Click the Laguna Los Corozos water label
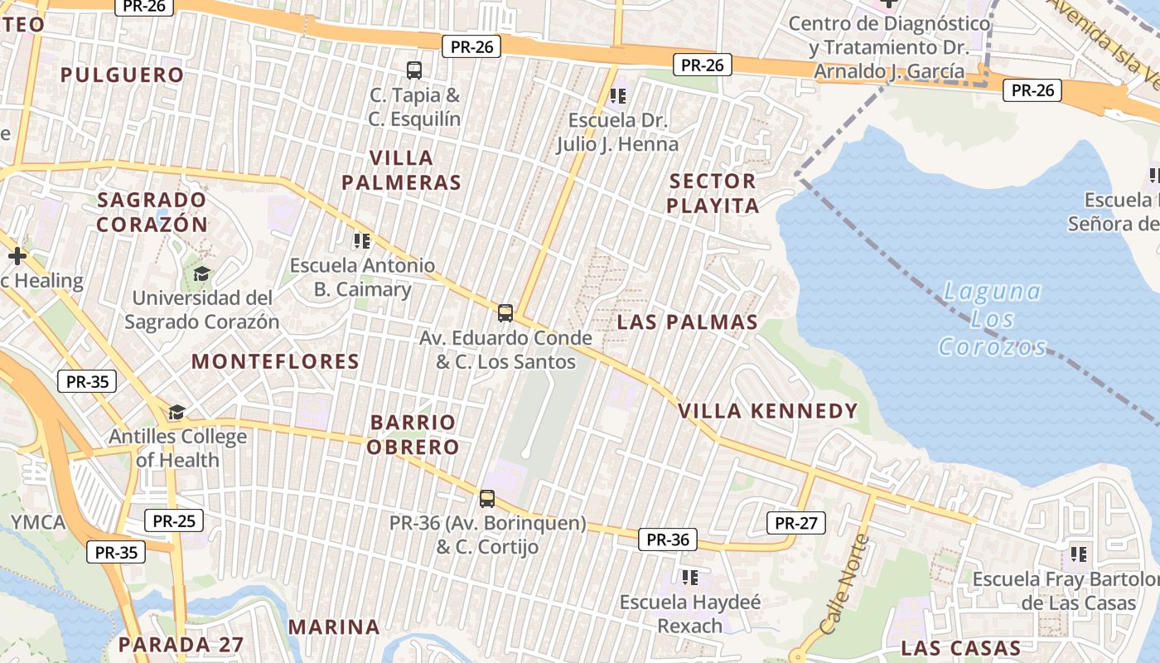pyautogui.click(x=993, y=319)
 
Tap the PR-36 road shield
pyautogui.click(x=668, y=540)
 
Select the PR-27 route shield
pyautogui.click(x=795, y=523)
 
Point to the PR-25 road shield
pyautogui.click(x=174, y=520)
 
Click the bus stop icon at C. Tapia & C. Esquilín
pyautogui.click(x=414, y=70)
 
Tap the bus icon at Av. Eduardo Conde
pyautogui.click(x=505, y=313)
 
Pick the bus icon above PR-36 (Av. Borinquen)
pyautogui.click(x=487, y=499)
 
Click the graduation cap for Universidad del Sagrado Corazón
pyautogui.click(x=201, y=273)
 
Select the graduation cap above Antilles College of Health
pyautogui.click(x=176, y=412)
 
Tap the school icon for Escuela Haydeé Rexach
pyautogui.click(x=689, y=578)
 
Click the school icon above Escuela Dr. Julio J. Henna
pyautogui.click(x=617, y=97)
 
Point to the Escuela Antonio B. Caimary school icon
pyautogui.click(x=362, y=241)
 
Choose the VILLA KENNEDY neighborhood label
pyautogui.click(x=767, y=411)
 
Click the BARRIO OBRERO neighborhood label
pyautogui.click(x=413, y=434)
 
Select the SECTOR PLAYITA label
pyautogui.click(x=713, y=193)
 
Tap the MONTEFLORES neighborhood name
pyautogui.click(x=275, y=361)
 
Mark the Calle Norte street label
pyautogui.click(x=843, y=584)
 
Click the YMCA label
pyautogui.click(x=38, y=522)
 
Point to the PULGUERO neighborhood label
pyautogui.click(x=122, y=75)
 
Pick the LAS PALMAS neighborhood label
pyautogui.click(x=687, y=322)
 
